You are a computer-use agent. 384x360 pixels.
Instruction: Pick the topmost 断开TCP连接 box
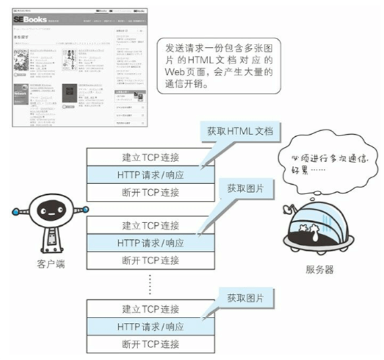pyautogui.click(x=151, y=192)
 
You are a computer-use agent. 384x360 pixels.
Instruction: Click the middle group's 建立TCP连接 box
pyautogui.click(x=151, y=225)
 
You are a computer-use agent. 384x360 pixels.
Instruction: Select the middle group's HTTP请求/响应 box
pyautogui.click(x=151, y=242)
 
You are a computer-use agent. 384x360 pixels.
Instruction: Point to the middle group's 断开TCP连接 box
pyautogui.click(x=151, y=260)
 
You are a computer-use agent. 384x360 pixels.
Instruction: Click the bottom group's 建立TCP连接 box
pyautogui.click(x=151, y=309)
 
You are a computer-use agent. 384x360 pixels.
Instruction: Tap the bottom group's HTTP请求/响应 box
pyautogui.click(x=151, y=326)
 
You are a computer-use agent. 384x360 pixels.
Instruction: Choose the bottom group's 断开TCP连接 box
pyautogui.click(x=151, y=344)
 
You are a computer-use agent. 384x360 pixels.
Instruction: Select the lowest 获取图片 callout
pyautogui.click(x=245, y=297)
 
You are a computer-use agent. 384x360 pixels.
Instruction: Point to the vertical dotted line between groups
pyautogui.click(x=151, y=283)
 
